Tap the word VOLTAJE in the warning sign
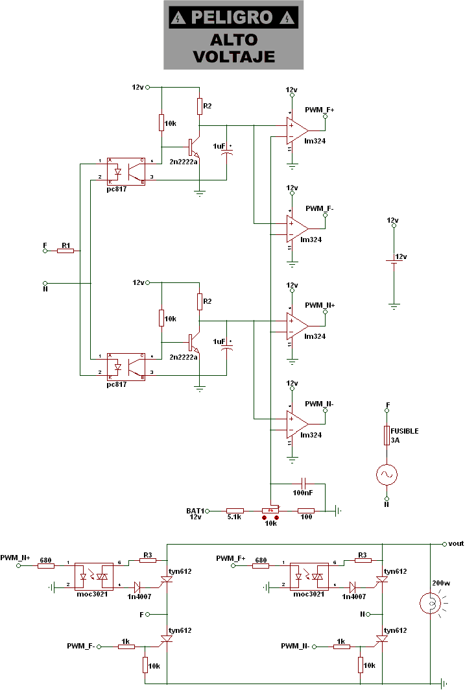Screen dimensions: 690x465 pyautogui.click(x=234, y=56)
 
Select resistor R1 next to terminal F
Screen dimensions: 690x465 pyautogui.click(x=66, y=251)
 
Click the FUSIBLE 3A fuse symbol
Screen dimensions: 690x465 pyautogui.click(x=387, y=434)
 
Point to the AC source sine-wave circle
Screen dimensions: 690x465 pyautogui.click(x=387, y=476)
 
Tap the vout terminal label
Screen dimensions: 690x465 pyautogui.click(x=455, y=543)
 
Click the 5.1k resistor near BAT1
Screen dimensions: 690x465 pyautogui.click(x=235, y=511)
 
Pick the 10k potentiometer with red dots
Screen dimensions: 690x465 pyautogui.click(x=270, y=511)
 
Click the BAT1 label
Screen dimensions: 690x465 pyautogui.click(x=195, y=510)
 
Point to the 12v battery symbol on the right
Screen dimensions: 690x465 pyautogui.click(x=392, y=261)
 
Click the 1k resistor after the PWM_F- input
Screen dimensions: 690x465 pyautogui.click(x=126, y=647)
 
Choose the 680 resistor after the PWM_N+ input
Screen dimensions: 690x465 pyautogui.click(x=45, y=565)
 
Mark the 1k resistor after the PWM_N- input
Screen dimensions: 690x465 pyautogui.click(x=340, y=647)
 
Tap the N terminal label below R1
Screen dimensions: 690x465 pyautogui.click(x=45, y=290)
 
